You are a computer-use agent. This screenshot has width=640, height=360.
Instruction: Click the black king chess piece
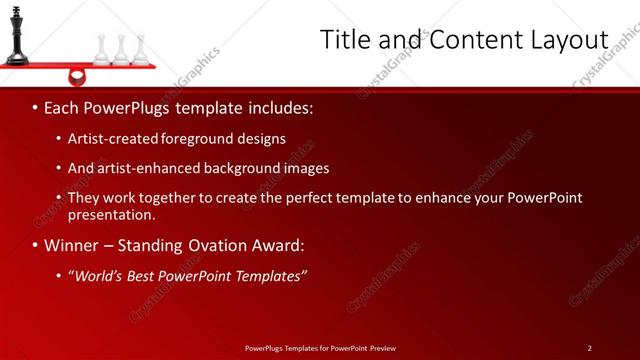pos(16,36)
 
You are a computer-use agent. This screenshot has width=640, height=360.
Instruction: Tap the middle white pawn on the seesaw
pos(121,50)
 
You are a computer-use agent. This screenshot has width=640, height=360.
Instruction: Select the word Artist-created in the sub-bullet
pos(109,139)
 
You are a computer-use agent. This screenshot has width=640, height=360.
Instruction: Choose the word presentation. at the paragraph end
pos(112,214)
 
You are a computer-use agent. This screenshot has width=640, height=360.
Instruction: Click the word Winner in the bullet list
pos(72,245)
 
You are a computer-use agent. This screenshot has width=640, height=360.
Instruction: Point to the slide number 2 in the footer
pos(589,348)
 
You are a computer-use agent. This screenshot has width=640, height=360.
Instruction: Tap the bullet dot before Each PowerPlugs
pos(35,107)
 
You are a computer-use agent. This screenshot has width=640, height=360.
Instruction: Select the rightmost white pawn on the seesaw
pos(141,50)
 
